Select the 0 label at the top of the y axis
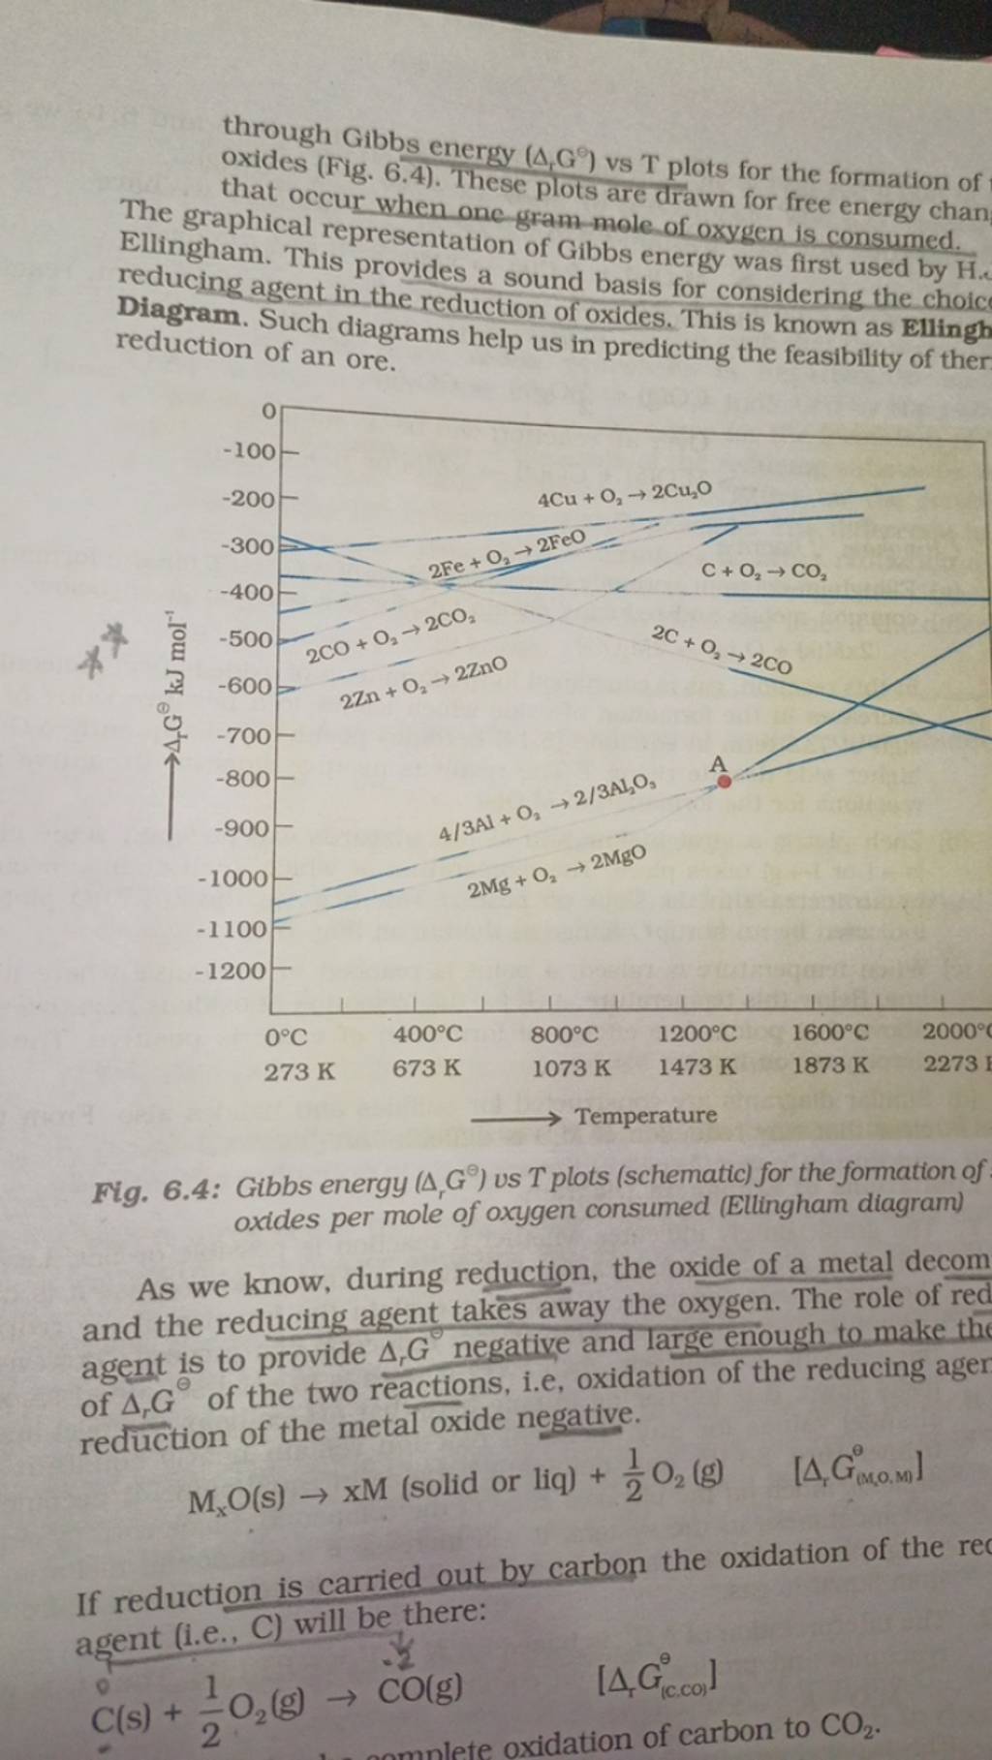point(267,410)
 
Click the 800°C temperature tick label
point(570,1035)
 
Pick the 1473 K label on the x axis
point(697,1067)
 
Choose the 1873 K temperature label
point(830,1066)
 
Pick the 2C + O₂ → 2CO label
point(723,651)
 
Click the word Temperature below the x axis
point(646,1115)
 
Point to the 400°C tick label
point(427,1035)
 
